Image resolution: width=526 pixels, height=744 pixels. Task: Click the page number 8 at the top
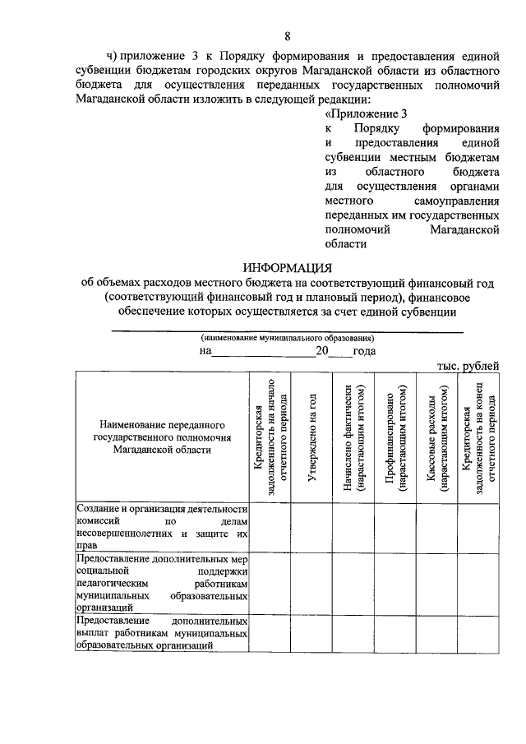tap(288, 35)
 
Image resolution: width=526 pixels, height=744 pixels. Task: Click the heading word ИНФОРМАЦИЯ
tap(287, 267)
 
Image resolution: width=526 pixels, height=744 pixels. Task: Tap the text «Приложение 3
tap(366, 113)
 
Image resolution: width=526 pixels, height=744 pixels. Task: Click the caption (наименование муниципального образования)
tap(288, 338)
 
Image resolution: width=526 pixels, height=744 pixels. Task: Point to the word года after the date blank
tap(363, 351)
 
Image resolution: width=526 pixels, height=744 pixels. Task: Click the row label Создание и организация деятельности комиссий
tap(161, 527)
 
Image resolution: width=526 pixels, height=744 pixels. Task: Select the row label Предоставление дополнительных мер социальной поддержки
tap(161, 583)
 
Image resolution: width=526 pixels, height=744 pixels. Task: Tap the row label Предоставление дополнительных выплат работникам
tap(161, 633)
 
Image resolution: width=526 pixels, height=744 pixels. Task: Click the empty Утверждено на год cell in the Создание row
tap(311, 527)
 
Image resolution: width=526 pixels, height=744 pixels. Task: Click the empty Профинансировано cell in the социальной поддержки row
tap(395, 583)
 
